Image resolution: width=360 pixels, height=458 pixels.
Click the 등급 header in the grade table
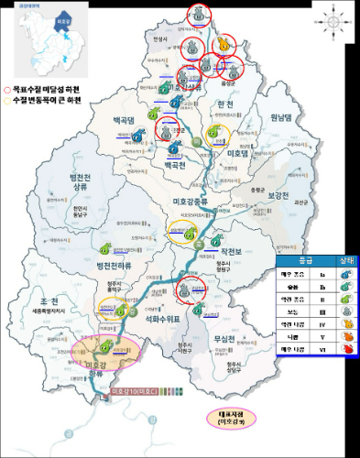[300, 260]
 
